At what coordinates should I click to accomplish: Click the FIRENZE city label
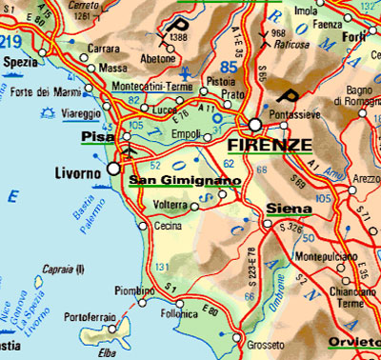[271, 146]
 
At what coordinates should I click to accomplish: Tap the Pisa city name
[98, 137]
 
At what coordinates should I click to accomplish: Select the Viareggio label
[56, 111]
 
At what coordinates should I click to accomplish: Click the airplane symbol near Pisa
[129, 150]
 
